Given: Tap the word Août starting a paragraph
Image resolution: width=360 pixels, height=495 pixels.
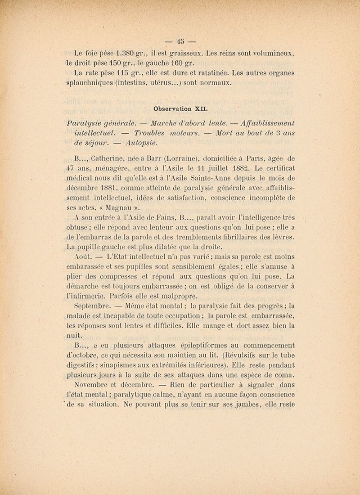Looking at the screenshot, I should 83,256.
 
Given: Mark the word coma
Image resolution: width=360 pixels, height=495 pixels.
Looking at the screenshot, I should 284,375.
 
